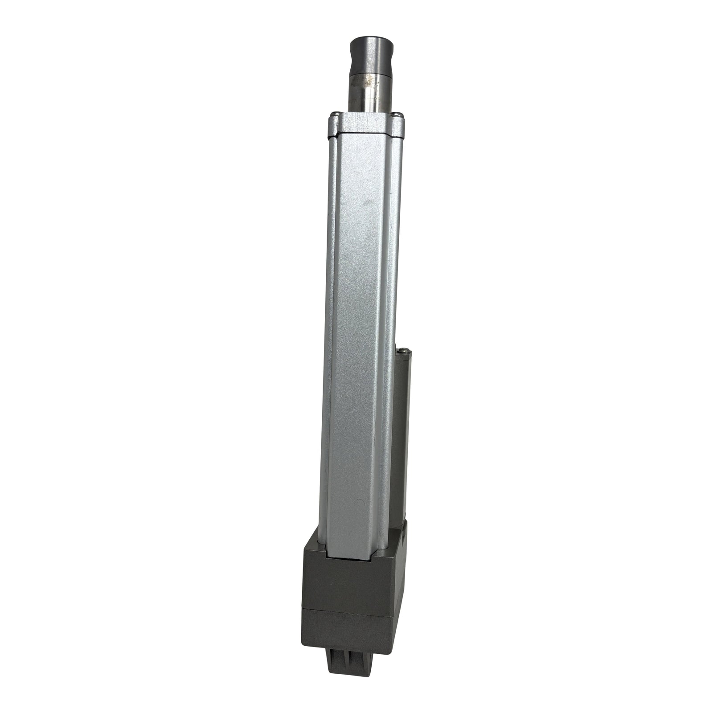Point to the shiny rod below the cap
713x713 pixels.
tap(370, 96)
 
